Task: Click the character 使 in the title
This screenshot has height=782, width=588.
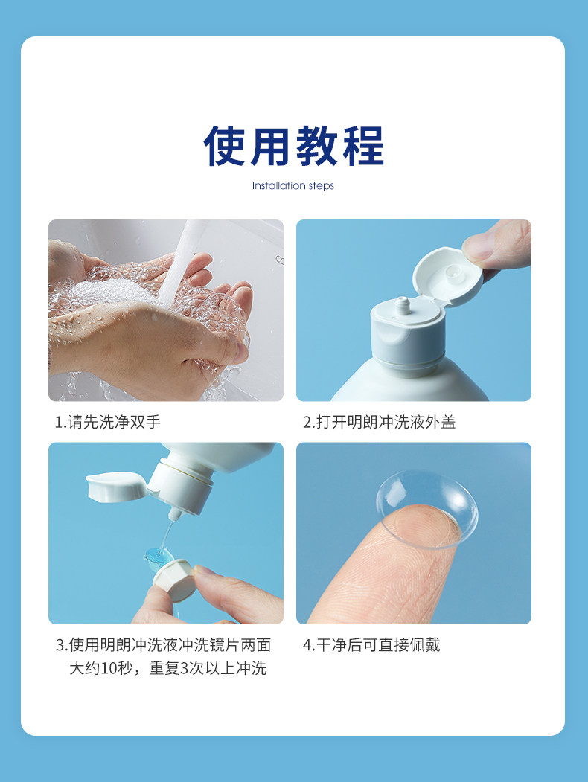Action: (225, 146)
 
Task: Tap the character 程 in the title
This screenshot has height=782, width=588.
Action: (363, 146)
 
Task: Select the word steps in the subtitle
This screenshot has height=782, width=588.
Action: (322, 186)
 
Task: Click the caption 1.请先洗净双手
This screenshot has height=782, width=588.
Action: (108, 422)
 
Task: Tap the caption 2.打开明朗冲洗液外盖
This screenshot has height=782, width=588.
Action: (379, 422)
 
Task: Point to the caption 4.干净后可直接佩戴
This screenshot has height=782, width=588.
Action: (371, 645)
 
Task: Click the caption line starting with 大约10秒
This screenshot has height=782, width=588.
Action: (167, 668)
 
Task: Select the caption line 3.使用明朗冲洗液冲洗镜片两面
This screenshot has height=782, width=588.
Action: (163, 645)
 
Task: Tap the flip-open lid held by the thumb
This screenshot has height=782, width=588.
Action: (447, 276)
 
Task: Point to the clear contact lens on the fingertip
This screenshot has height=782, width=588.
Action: (427, 509)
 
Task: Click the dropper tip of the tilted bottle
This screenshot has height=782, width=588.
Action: (173, 514)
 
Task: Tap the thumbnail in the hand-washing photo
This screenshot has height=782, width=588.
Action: (240, 351)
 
